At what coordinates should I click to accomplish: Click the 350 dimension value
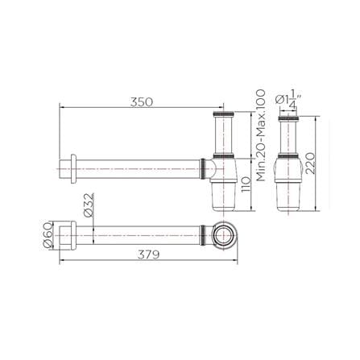tap(142, 102)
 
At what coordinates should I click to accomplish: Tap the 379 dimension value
tap(148, 254)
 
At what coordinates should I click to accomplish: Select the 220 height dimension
tap(310, 163)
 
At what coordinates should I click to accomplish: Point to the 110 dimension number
tap(246, 184)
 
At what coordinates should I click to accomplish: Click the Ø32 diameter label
tap(89, 205)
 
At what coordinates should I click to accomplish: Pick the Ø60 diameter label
tap(48, 234)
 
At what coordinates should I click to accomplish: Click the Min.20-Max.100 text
tap(260, 135)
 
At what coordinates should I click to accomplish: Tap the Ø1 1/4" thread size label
tap(286, 99)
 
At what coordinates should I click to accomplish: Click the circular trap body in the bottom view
tap(225, 235)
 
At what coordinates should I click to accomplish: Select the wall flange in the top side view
tap(73, 169)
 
